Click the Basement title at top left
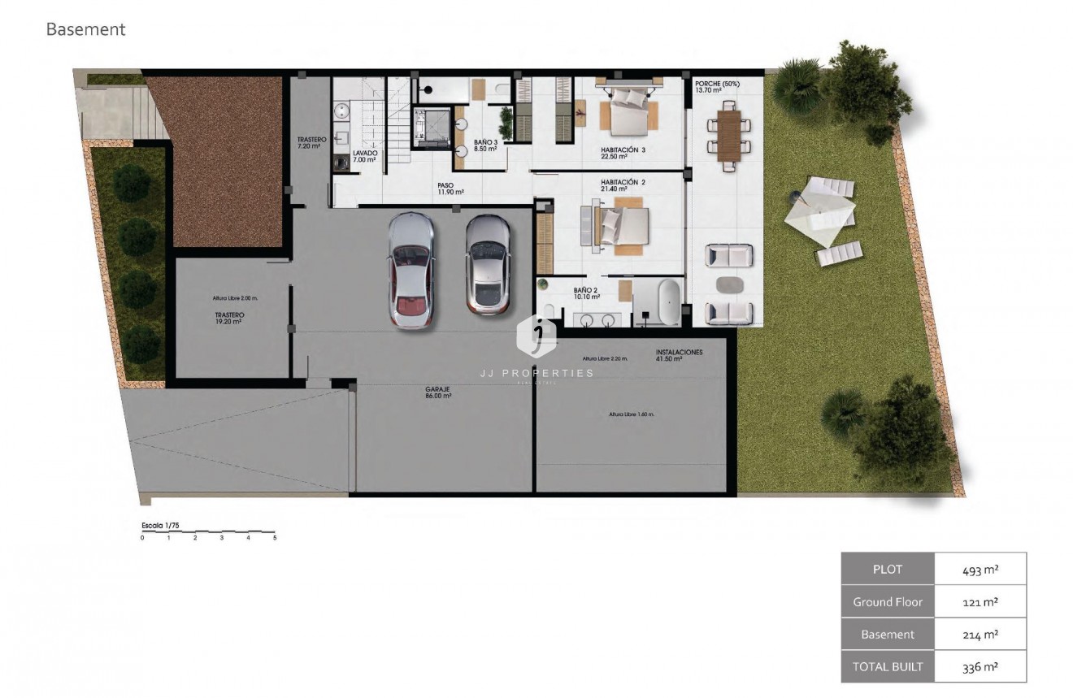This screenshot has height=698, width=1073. [85, 30]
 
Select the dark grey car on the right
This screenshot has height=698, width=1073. [488, 265]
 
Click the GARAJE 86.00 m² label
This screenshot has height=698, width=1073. [437, 392]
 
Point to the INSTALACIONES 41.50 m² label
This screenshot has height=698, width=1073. [679, 356]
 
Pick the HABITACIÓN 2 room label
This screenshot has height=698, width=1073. [623, 185]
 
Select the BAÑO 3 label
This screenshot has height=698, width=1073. [485, 145]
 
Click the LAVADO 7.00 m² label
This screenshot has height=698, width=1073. [364, 156]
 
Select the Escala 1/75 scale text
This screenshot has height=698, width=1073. [161, 526]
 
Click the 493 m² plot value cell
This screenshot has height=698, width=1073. [980, 569]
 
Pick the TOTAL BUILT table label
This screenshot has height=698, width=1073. [888, 666]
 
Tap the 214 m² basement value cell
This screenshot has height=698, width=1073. [980, 634]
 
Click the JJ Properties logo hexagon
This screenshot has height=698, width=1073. [536, 336]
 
